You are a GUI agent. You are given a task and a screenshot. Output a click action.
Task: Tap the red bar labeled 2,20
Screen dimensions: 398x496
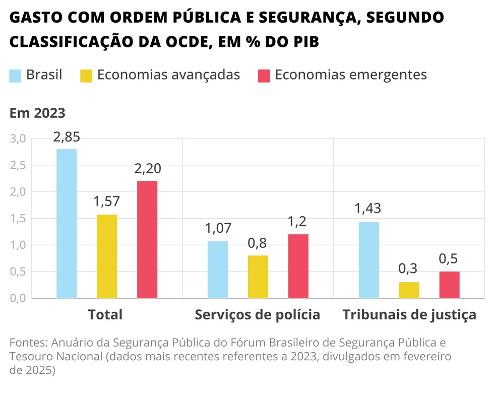[x=147, y=239]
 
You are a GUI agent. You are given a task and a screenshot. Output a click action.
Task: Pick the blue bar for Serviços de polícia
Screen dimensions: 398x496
[x=218, y=270]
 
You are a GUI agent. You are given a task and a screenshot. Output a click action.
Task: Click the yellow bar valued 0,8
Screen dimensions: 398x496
[x=258, y=277]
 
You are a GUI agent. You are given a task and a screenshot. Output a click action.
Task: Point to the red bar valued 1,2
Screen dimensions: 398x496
[x=298, y=266]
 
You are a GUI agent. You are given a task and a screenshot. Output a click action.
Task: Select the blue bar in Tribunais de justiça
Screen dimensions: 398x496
[x=369, y=260]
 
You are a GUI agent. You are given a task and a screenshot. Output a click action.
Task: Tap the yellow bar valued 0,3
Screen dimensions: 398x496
[x=409, y=290]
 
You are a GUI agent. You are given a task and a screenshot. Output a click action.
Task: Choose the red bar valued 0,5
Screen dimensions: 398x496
[x=450, y=285]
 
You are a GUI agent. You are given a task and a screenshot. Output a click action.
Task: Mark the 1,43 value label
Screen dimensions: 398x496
[x=367, y=208]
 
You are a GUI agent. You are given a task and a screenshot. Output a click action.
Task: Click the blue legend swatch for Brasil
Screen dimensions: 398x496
[x=16, y=76]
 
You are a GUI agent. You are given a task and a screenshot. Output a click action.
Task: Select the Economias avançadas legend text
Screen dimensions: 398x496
[x=168, y=75]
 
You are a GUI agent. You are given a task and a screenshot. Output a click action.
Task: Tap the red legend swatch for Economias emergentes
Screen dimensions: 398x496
[x=264, y=76]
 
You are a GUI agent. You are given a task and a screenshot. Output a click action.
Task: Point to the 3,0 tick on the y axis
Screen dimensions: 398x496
[x=18, y=139]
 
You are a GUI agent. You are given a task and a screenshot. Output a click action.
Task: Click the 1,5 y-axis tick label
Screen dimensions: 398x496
[x=18, y=219]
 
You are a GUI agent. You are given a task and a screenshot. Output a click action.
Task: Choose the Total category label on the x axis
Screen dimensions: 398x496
[x=105, y=315]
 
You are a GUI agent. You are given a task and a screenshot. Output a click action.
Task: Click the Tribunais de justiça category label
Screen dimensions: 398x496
[x=409, y=315]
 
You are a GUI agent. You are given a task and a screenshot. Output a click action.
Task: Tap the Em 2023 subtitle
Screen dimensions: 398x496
[x=37, y=113]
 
